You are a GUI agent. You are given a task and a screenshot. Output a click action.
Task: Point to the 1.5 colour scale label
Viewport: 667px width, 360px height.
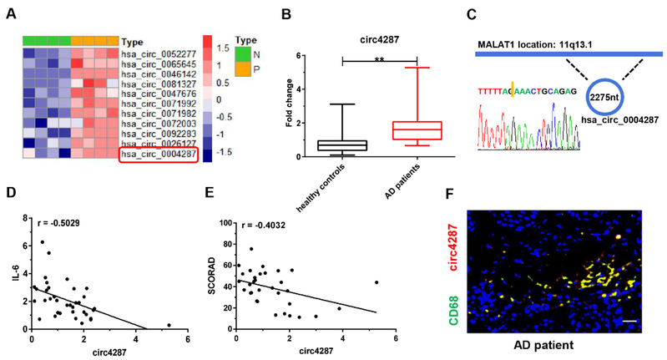221,49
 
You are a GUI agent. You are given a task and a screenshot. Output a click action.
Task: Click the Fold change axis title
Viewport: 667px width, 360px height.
291,104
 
